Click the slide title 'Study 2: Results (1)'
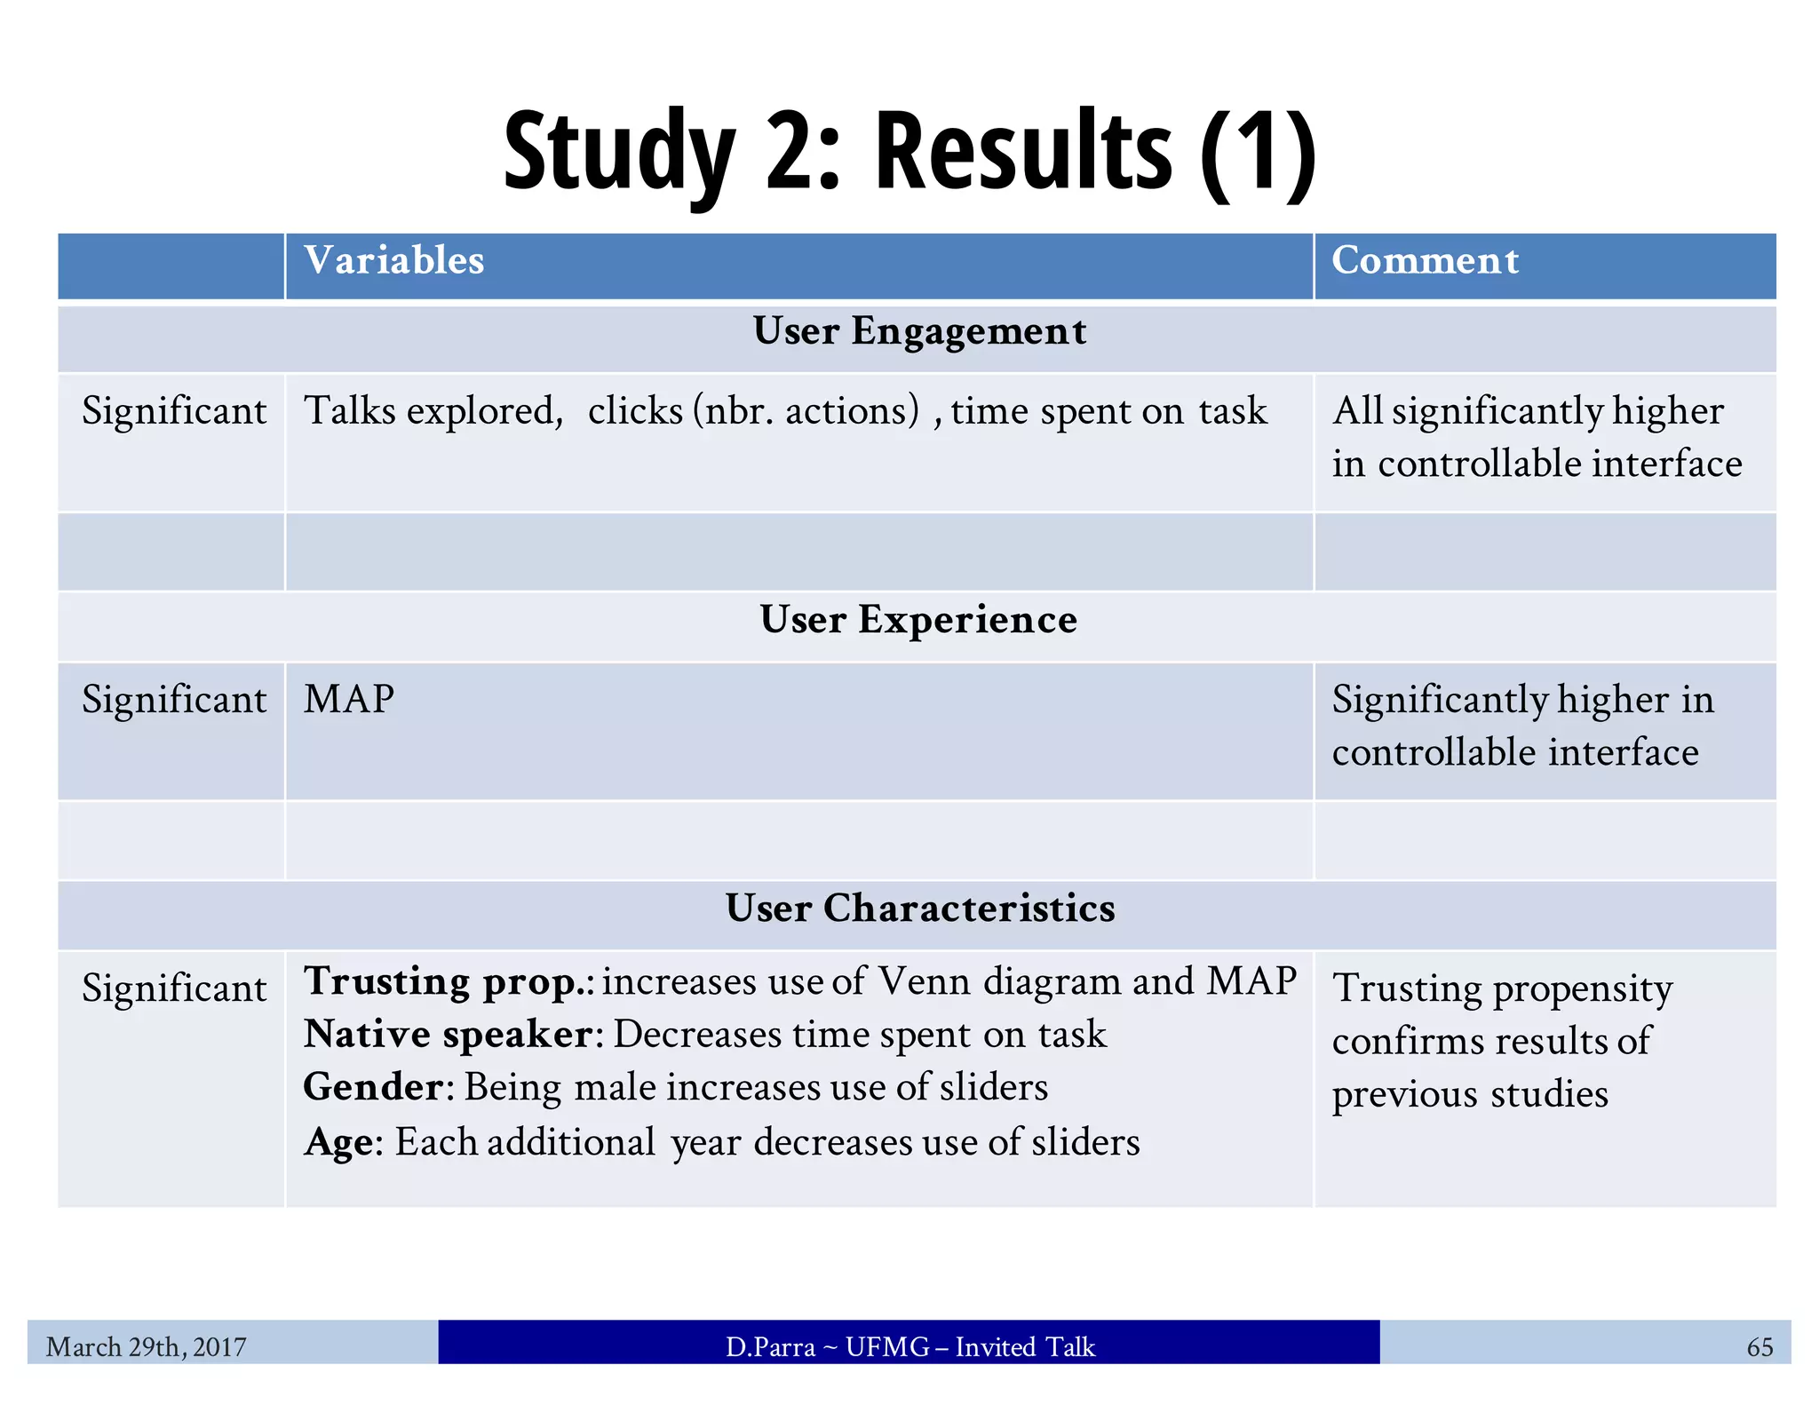point(909,151)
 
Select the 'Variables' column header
point(394,260)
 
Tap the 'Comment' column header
point(1425,260)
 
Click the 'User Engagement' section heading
point(919,331)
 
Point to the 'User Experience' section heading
point(918,619)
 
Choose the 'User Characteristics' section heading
point(919,908)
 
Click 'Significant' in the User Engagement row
point(174,411)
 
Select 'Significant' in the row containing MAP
point(174,700)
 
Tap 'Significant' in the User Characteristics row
point(174,988)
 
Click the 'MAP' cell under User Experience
point(349,699)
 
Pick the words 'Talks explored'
point(433,411)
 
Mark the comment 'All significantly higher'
point(1528,411)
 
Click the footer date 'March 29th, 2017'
point(146,1346)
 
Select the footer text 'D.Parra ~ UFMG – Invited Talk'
point(909,1346)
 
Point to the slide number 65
point(1759,1346)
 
